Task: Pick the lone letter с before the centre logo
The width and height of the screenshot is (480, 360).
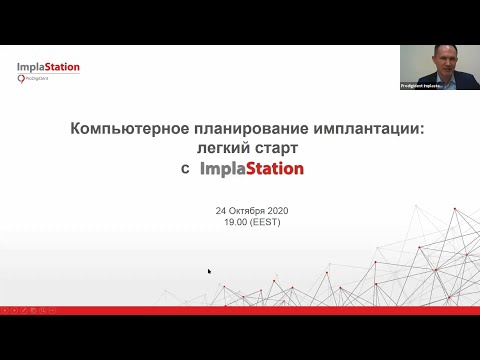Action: point(185,170)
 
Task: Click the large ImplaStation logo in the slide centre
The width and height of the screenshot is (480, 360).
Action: point(252,169)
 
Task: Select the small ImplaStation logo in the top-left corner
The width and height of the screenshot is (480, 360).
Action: point(48,68)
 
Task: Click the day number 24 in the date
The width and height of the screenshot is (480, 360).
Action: point(221,212)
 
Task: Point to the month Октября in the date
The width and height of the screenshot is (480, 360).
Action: point(246,212)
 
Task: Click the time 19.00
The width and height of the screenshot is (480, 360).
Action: point(237,222)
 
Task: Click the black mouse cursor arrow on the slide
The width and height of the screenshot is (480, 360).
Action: point(210,271)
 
